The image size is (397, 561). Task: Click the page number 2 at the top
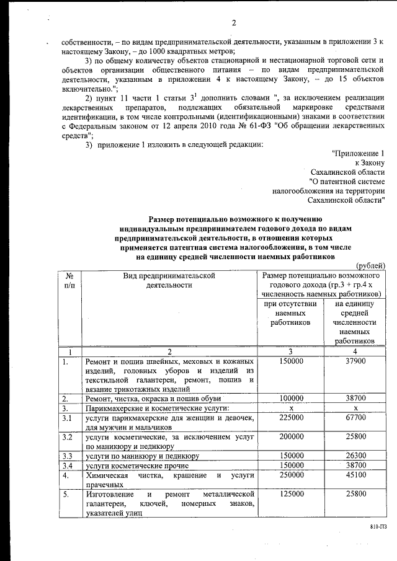[234, 24]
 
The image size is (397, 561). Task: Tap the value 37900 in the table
[355, 361]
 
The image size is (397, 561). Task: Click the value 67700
[355, 418]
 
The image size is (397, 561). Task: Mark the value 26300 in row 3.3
[355, 456]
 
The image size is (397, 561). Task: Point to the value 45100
[355, 475]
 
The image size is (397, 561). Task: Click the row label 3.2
[69, 438]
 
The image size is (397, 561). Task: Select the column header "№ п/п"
[69, 280]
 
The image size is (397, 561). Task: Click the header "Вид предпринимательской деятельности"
[169, 280]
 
